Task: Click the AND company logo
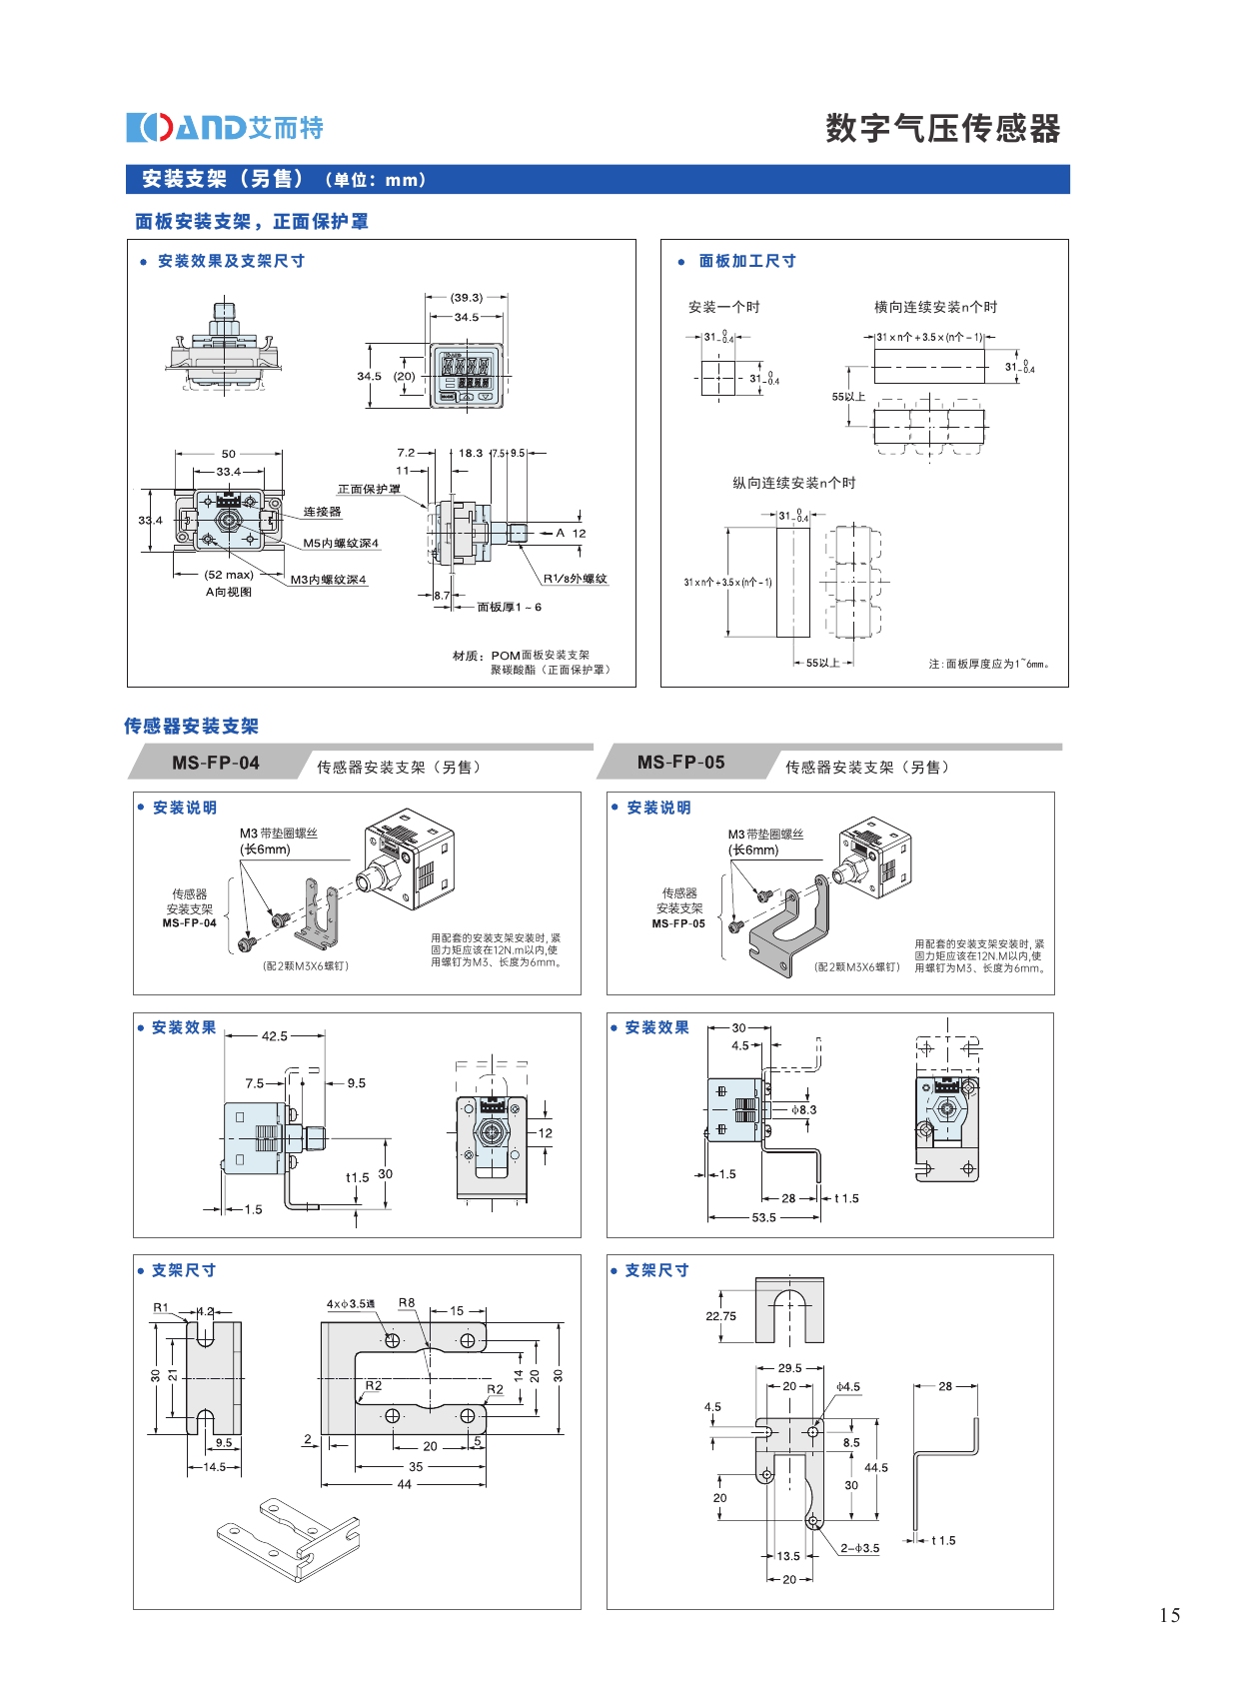tap(225, 128)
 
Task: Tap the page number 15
tap(1169, 1615)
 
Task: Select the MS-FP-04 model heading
tap(216, 763)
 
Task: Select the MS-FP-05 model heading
tap(681, 762)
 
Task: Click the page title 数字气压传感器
tap(942, 129)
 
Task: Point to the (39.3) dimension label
tap(467, 297)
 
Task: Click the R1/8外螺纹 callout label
tap(575, 579)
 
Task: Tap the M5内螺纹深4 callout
tap(341, 544)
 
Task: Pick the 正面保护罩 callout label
tap(369, 489)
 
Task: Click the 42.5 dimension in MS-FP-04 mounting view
tap(275, 1036)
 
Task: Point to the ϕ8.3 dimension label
tap(804, 1109)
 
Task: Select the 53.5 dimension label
tap(764, 1217)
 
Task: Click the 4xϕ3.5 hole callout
tap(351, 1304)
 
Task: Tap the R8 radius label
tap(407, 1303)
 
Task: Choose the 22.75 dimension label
tap(720, 1316)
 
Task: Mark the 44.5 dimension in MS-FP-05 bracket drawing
tap(876, 1468)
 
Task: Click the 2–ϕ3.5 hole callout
tap(859, 1548)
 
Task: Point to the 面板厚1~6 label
tap(510, 607)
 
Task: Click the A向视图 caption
tap(229, 592)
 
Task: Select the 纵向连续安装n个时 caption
tap(794, 484)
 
